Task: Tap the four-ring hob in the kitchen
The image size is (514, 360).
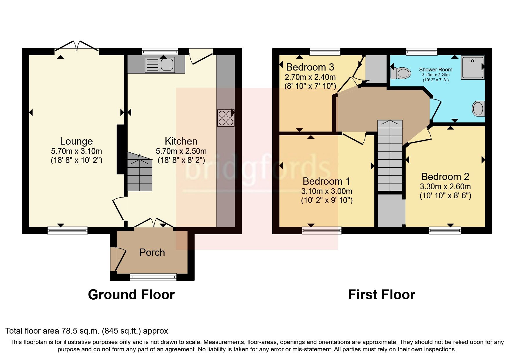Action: click(x=226, y=118)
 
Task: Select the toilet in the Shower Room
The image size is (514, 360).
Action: click(x=401, y=73)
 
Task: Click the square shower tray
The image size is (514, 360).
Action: click(x=473, y=67)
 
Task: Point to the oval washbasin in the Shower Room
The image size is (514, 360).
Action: click(x=478, y=109)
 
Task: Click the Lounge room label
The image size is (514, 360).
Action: click(x=76, y=141)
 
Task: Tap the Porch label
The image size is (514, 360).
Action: click(x=152, y=252)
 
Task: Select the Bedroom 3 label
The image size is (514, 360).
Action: click(x=310, y=67)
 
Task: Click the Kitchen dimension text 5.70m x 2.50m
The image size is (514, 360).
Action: click(x=181, y=151)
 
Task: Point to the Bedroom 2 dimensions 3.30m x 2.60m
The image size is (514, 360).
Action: click(x=445, y=186)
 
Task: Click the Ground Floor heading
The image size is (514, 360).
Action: click(x=131, y=295)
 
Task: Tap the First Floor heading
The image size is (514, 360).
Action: click(x=381, y=295)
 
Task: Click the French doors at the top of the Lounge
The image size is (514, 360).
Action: click(x=77, y=46)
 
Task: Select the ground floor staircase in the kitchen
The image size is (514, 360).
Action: click(x=140, y=174)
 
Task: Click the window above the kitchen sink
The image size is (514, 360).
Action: click(x=160, y=52)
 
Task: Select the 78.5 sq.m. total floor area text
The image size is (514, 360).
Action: click(x=86, y=331)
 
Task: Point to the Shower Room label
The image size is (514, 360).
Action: click(x=435, y=70)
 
